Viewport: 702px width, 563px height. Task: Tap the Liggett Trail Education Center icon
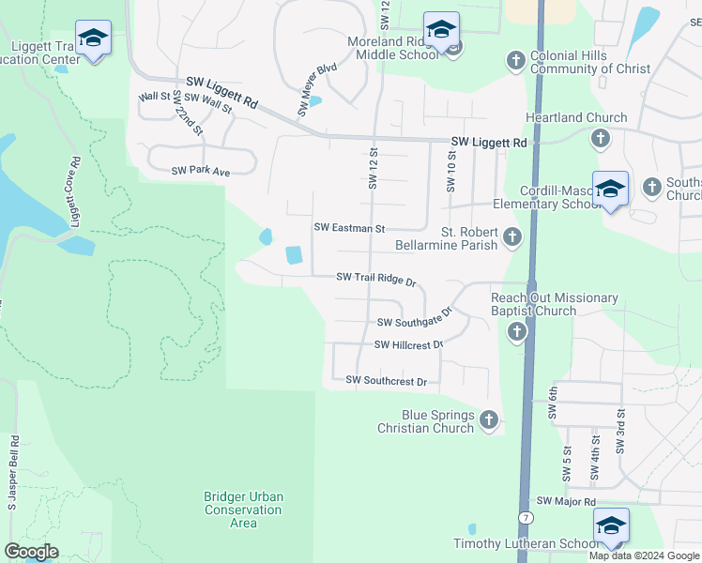pos(93,38)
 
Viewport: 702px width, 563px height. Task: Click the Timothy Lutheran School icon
pos(611,525)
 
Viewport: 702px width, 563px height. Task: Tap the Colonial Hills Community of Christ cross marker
pos(514,61)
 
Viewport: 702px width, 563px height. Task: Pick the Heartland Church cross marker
pos(601,139)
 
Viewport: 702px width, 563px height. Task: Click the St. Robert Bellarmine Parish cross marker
pos(512,237)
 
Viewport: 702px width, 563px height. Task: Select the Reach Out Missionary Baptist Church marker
pos(517,331)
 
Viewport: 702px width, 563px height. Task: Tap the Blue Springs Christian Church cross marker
pos(488,420)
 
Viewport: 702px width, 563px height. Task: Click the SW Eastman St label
pos(349,228)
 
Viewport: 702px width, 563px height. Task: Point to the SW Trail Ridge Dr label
pos(375,278)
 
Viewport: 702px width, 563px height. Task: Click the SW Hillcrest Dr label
pos(408,345)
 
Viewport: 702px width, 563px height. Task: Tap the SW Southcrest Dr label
pos(386,381)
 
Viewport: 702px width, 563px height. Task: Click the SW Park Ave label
pos(200,171)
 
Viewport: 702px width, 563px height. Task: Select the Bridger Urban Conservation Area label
pos(243,510)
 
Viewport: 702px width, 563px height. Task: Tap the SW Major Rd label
pos(565,503)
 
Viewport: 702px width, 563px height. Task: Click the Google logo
pos(32,552)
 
